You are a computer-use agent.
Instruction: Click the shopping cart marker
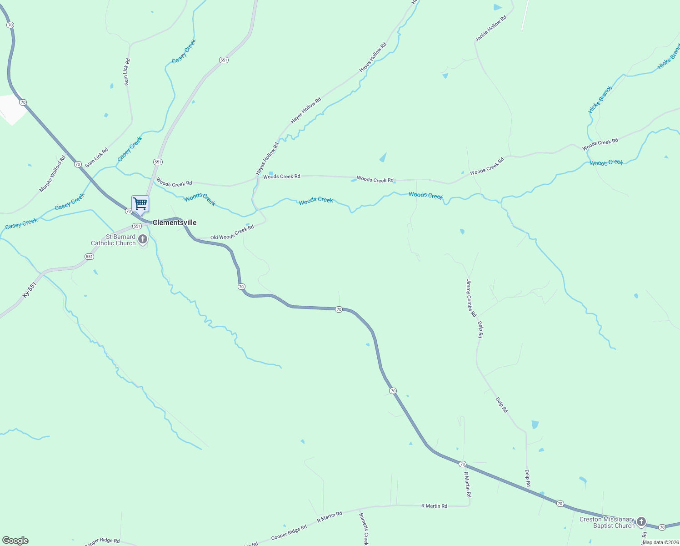(x=140, y=204)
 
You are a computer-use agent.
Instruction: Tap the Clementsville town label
(x=175, y=222)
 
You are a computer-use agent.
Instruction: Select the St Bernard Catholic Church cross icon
(x=143, y=239)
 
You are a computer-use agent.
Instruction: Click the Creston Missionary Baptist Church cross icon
(x=641, y=521)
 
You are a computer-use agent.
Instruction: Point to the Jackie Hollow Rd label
(x=491, y=29)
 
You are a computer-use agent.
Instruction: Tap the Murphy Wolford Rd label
(x=53, y=174)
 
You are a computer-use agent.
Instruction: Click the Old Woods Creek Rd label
(x=232, y=233)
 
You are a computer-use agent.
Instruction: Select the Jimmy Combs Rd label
(x=471, y=298)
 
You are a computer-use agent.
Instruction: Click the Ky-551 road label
(x=29, y=290)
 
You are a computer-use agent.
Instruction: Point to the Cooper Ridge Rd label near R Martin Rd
(x=289, y=532)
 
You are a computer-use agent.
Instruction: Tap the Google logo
(x=15, y=541)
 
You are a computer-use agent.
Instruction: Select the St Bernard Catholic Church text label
(x=114, y=240)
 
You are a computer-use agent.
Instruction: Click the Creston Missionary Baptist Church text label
(x=607, y=522)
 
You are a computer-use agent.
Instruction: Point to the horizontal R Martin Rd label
(x=434, y=506)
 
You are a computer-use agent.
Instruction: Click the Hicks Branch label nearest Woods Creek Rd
(x=600, y=100)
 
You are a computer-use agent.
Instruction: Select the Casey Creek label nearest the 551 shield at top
(x=184, y=51)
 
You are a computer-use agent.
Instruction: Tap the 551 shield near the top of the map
(x=223, y=60)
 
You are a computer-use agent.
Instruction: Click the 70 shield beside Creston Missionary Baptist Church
(x=662, y=527)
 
